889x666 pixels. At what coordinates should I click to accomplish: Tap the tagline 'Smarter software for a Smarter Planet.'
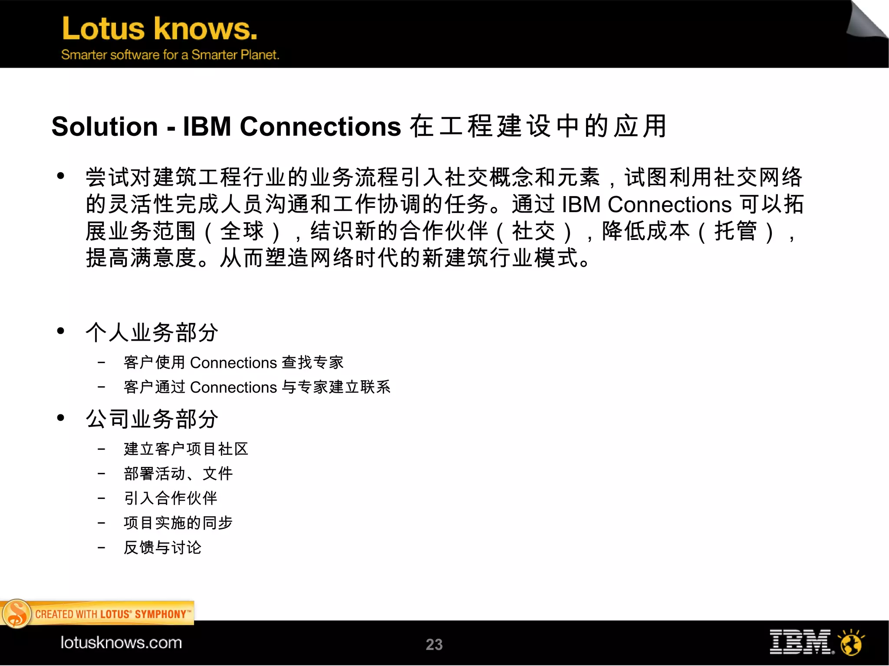[x=170, y=55]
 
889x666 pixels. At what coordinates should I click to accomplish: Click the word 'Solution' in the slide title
[x=105, y=127]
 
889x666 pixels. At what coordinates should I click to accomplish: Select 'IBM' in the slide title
[x=207, y=127]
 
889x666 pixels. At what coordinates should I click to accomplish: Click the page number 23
[x=434, y=644]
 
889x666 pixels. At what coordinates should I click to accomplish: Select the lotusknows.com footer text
[x=121, y=643]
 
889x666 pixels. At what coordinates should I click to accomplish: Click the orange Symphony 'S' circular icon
[x=16, y=614]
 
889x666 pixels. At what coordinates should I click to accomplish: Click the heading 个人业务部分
[x=152, y=332]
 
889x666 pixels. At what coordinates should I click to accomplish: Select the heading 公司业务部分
[x=152, y=419]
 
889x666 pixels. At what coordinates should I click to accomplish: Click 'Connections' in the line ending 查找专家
[x=234, y=363]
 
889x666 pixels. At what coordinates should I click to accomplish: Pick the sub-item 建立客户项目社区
[x=186, y=449]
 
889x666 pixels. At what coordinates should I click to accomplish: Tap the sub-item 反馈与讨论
[x=162, y=548]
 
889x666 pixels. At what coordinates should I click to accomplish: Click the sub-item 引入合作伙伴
[x=170, y=498]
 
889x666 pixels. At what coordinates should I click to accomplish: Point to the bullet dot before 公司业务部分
[x=60, y=418]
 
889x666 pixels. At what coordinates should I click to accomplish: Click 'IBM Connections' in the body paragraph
[x=647, y=204]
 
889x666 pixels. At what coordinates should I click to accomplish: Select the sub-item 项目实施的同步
[x=178, y=523]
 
